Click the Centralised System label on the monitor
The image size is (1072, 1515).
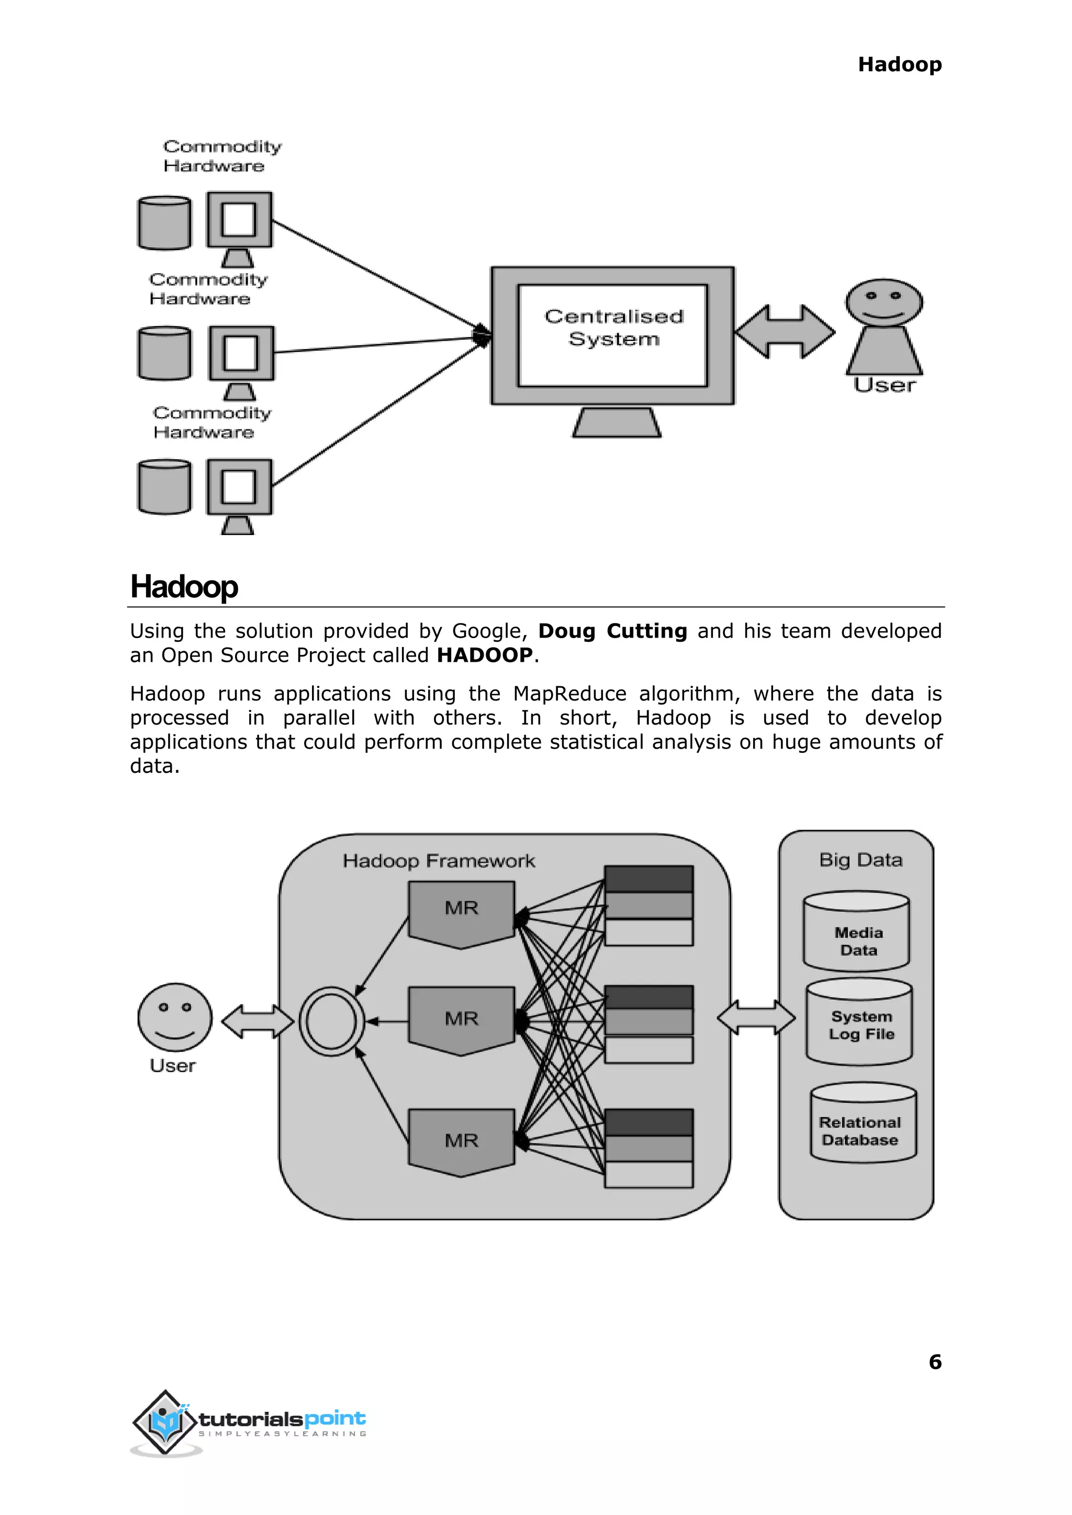613,327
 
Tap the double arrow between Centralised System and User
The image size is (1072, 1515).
784,331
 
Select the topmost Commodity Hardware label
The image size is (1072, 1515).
222,156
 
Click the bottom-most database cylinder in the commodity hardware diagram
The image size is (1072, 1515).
164,487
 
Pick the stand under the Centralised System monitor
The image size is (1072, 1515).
616,422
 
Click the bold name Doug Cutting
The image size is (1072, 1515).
612,631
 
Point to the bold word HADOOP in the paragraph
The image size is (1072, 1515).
485,655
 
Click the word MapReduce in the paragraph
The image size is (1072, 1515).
569,694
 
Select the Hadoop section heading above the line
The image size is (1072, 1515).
184,587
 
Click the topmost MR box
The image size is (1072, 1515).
461,913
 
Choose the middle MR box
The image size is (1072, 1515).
461,1020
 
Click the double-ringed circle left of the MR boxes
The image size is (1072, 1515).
331,1021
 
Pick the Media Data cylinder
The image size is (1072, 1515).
857,931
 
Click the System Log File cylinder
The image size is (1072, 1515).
859,1022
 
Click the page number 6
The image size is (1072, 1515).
935,1362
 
